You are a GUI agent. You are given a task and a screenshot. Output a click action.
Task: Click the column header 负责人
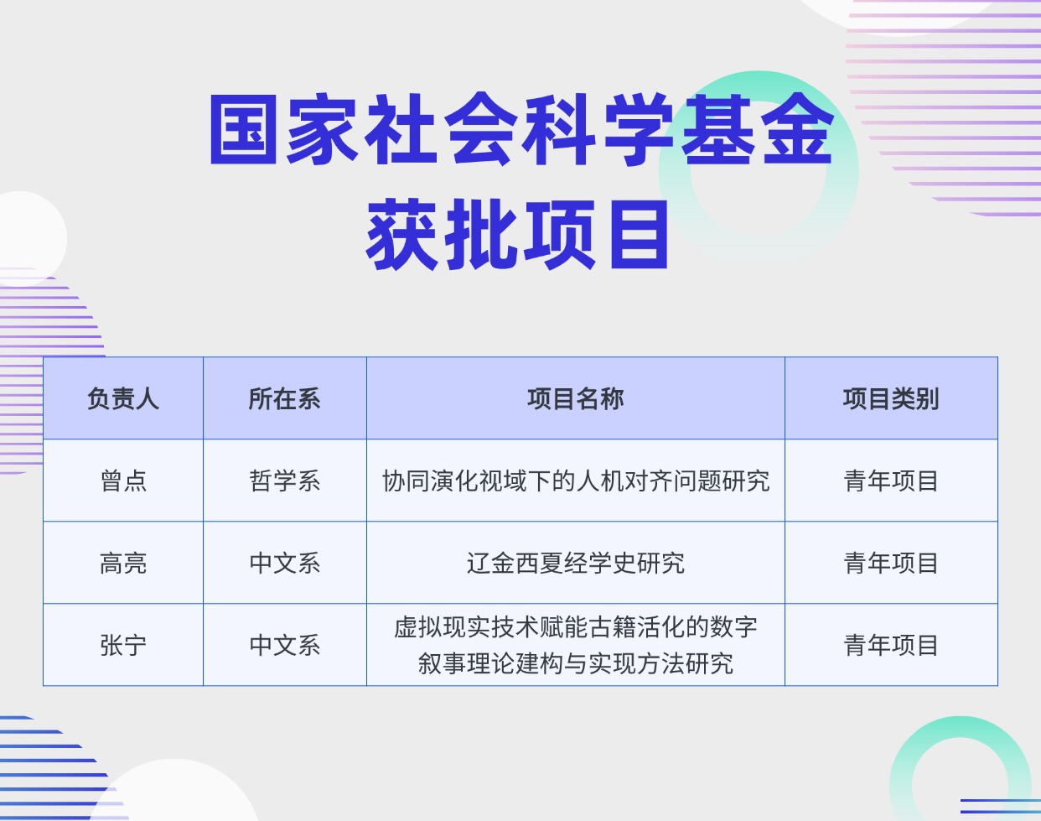point(123,398)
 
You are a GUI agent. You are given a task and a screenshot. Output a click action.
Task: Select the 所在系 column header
point(284,398)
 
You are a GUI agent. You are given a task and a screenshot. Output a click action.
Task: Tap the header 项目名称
point(575,398)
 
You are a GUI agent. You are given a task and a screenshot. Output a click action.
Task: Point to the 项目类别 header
point(890,398)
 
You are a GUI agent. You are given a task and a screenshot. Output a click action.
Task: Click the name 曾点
point(123,481)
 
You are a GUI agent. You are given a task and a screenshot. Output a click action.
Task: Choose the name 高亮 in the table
point(123,563)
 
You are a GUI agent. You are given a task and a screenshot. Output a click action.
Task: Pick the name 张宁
point(123,645)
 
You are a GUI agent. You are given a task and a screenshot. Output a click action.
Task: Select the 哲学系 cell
point(284,481)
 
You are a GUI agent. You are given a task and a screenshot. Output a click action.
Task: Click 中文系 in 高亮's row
point(284,563)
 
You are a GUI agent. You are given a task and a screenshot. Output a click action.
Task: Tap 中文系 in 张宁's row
point(284,645)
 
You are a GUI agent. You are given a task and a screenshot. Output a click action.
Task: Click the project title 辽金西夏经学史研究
point(575,563)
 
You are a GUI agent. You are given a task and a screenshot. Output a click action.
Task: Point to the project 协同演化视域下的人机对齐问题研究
point(575,481)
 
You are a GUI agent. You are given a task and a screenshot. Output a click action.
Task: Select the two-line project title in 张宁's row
point(575,645)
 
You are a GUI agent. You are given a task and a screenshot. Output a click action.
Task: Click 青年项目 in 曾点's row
point(890,481)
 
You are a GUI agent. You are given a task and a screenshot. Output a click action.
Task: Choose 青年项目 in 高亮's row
point(890,563)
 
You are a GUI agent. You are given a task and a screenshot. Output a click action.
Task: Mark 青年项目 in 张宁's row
point(890,645)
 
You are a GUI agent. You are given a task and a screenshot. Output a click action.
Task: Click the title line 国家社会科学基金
point(520,130)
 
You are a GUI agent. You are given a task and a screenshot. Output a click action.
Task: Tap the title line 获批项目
point(518,235)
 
